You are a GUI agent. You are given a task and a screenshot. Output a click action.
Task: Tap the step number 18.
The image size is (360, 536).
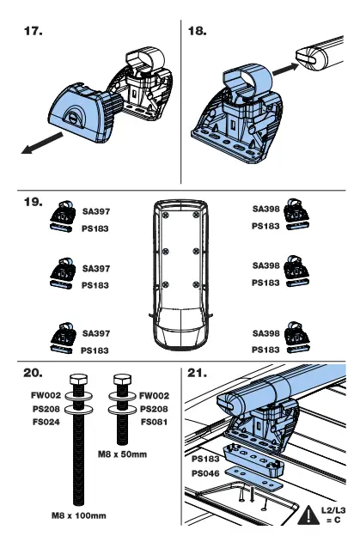(x=197, y=32)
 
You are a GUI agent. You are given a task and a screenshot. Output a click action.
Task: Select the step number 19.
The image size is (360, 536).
(x=33, y=203)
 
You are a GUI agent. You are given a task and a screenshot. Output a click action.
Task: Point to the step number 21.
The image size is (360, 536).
(x=198, y=373)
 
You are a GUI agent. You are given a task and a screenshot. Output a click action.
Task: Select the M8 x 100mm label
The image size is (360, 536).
(x=77, y=515)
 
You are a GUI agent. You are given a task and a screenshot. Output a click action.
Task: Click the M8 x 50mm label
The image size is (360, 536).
(x=123, y=453)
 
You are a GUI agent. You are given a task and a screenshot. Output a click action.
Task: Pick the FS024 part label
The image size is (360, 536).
(x=45, y=422)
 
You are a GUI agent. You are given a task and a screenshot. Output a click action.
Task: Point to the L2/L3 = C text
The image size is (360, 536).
(x=333, y=515)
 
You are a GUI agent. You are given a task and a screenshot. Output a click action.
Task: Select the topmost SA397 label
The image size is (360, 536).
(x=96, y=210)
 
